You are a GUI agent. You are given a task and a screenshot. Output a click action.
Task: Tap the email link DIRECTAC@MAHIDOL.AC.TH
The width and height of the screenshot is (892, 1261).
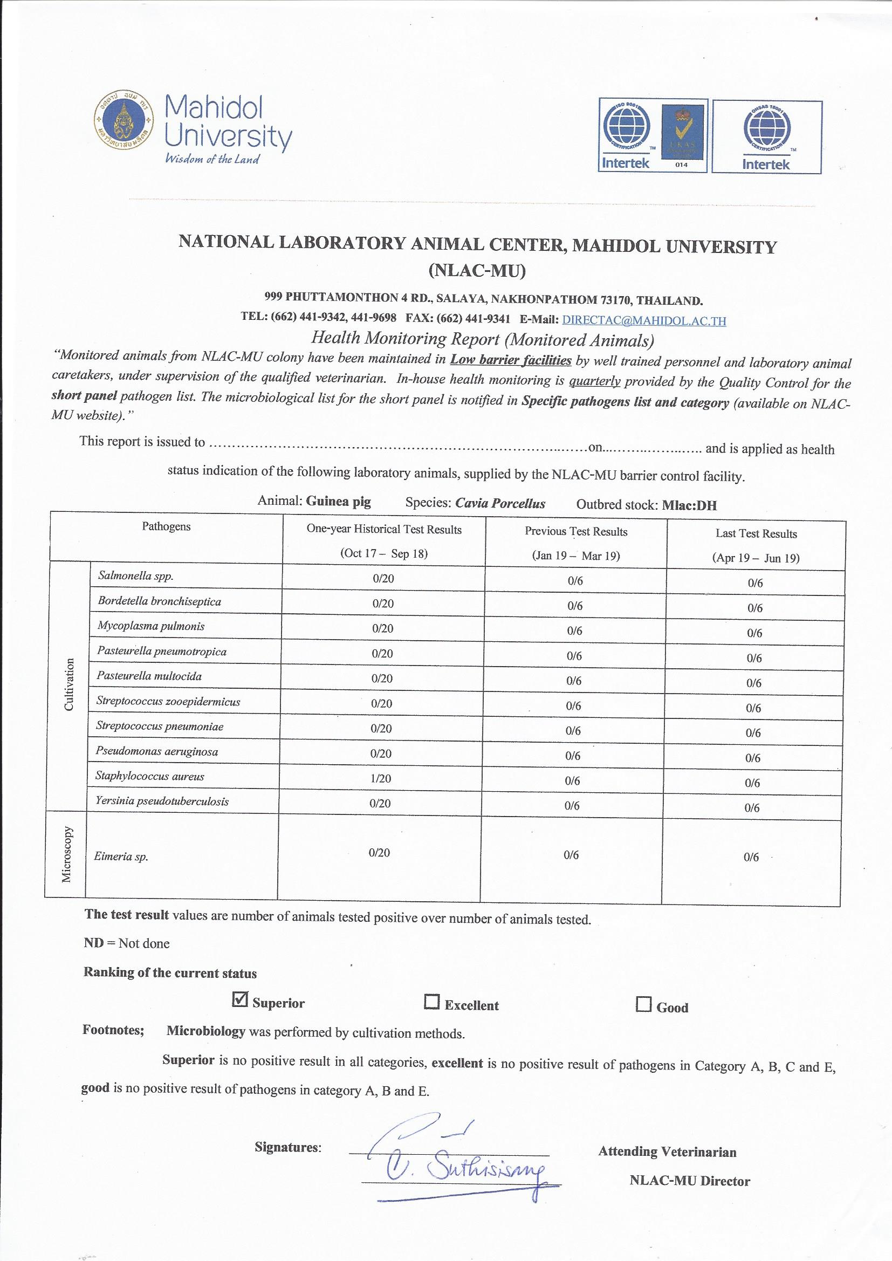click(644, 320)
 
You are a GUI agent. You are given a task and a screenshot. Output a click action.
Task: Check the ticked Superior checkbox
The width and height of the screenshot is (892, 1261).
click(241, 999)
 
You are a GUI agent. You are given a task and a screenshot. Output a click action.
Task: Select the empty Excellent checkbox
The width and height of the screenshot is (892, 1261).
click(433, 1002)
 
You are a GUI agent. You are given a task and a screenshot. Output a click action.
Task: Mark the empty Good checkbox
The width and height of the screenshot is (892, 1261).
click(643, 1004)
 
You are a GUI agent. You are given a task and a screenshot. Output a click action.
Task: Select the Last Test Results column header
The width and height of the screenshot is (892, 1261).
click(756, 534)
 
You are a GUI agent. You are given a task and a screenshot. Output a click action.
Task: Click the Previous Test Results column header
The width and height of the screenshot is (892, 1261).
click(575, 532)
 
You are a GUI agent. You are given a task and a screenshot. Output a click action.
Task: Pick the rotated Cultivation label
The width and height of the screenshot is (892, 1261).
click(69, 685)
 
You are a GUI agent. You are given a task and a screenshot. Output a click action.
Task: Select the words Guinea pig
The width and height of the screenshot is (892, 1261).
click(338, 502)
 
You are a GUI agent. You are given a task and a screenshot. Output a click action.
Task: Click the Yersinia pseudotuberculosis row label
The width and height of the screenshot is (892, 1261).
click(162, 801)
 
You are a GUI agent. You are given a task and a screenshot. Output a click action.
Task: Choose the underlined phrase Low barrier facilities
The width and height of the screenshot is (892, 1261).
click(511, 360)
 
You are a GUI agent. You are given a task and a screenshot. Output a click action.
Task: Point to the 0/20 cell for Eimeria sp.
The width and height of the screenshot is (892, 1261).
click(380, 852)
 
